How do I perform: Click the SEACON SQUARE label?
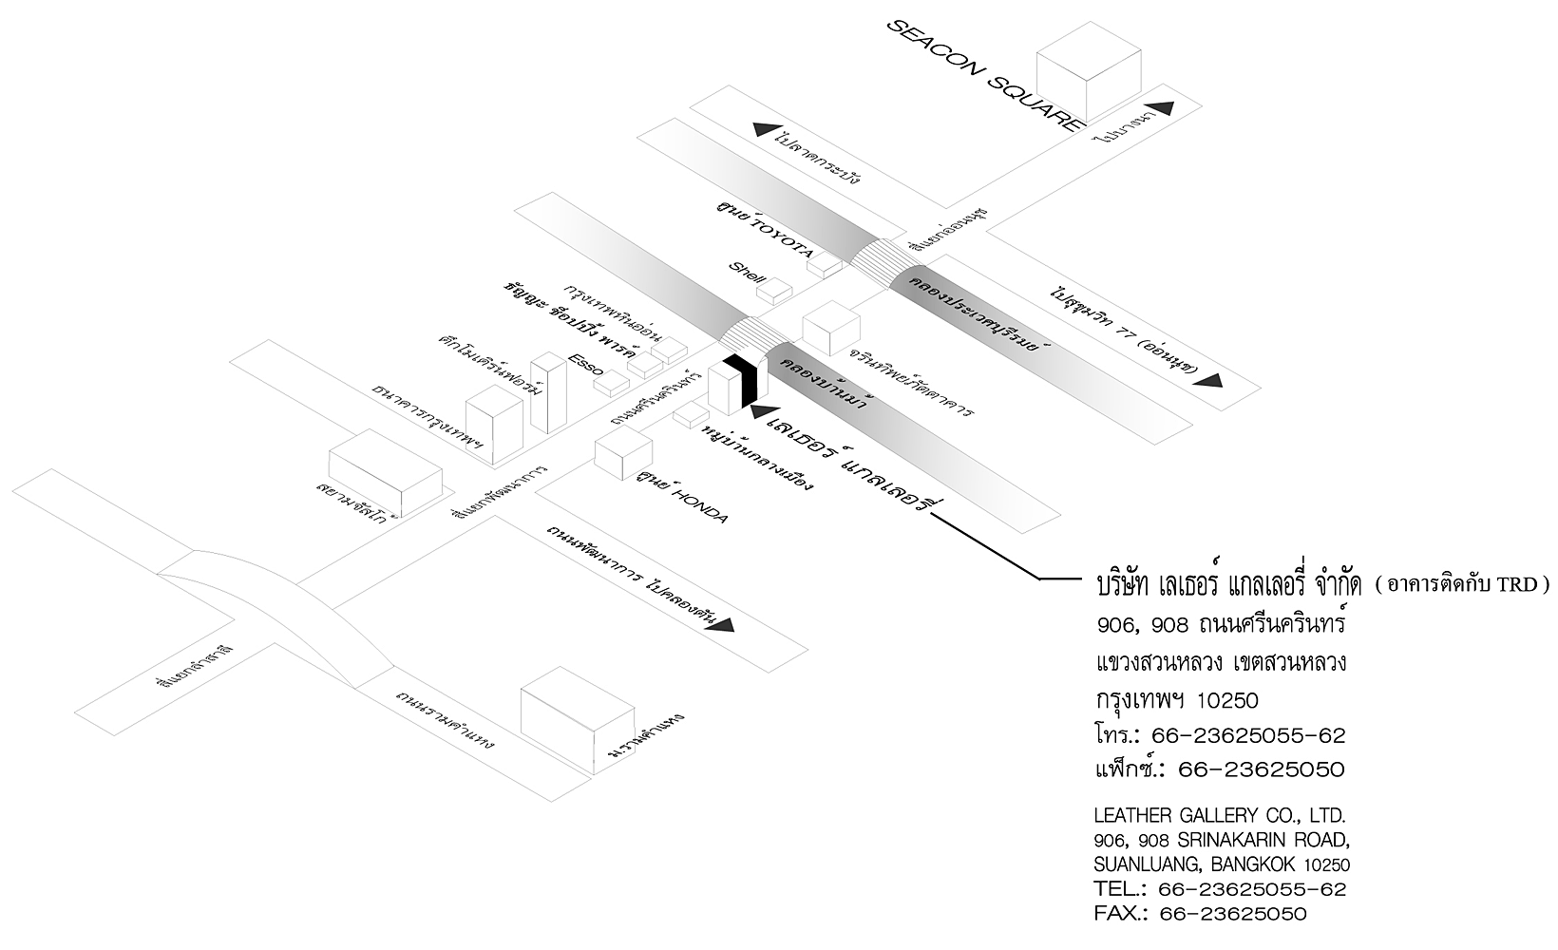(x=984, y=74)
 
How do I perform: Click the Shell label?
(x=747, y=273)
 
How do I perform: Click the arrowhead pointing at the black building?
(x=759, y=410)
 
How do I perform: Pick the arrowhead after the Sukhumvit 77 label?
(x=1208, y=380)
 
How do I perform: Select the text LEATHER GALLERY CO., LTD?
(x=1220, y=816)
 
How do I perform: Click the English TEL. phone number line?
(x=1220, y=889)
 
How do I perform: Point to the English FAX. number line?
(x=1201, y=914)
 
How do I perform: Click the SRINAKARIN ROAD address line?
(x=1222, y=841)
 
